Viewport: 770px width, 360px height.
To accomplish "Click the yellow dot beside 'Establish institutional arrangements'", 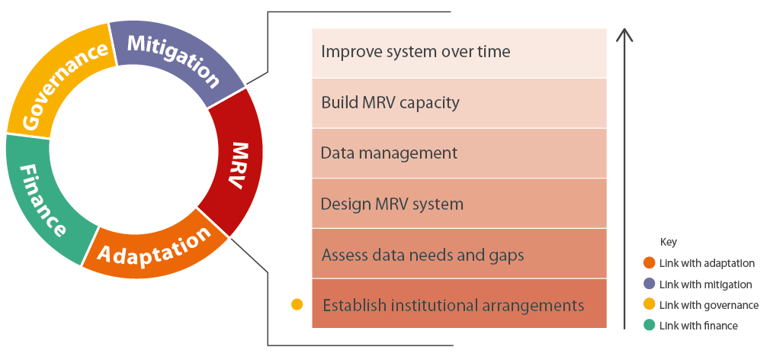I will (x=297, y=304).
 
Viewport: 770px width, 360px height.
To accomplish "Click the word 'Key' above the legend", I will (x=668, y=242).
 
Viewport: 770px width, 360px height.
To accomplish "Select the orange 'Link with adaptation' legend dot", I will (x=649, y=263).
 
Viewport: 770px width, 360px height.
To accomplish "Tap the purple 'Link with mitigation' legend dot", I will (x=649, y=284).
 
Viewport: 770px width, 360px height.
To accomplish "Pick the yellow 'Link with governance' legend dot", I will (x=649, y=305).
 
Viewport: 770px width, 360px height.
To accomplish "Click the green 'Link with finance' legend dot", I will (x=649, y=326).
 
